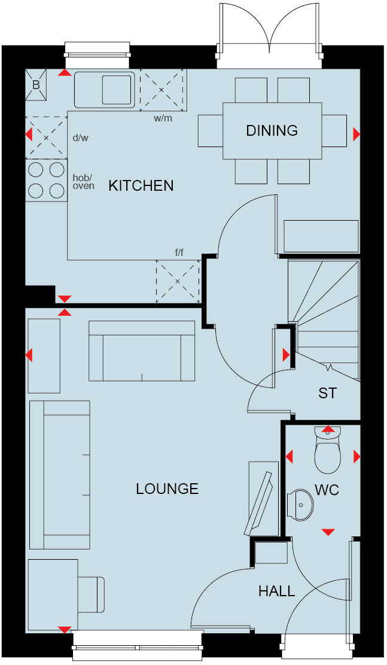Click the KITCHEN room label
tap(141, 185)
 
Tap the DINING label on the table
tap(272, 130)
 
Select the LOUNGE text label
tap(167, 489)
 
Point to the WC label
tap(327, 490)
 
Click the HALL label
tap(276, 591)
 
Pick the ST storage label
tap(327, 393)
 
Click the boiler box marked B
tap(36, 85)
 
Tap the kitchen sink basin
tap(117, 89)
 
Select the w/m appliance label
tap(163, 118)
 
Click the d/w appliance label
tap(80, 138)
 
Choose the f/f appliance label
tap(179, 253)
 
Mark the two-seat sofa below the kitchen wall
tap(142, 351)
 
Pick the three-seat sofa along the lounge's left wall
tap(59, 474)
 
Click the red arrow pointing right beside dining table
tap(356, 135)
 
